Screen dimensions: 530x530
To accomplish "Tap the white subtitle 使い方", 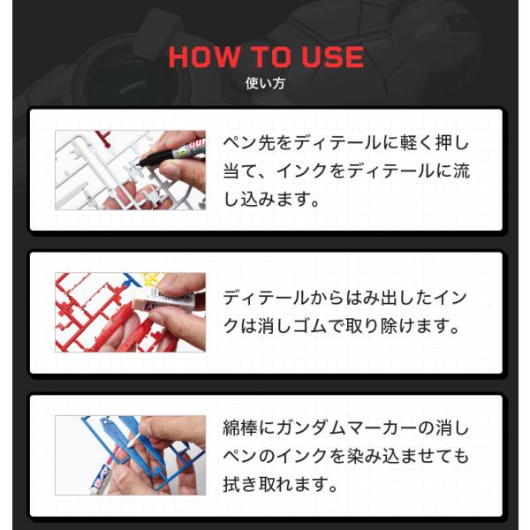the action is coord(265,83).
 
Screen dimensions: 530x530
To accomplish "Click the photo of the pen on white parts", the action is coord(130,170).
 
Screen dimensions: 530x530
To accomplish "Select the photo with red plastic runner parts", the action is coord(130,313).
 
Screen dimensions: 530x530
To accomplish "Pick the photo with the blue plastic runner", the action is coord(130,455).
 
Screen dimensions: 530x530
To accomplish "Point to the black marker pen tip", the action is coord(139,163).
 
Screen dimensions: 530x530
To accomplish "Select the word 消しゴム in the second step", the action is coord(293,326).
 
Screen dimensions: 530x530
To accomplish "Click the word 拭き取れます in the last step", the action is coord(280,484).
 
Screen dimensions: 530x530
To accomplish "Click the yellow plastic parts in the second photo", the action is coord(153,278).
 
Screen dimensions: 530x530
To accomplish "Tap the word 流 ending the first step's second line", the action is coord(461,170).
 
